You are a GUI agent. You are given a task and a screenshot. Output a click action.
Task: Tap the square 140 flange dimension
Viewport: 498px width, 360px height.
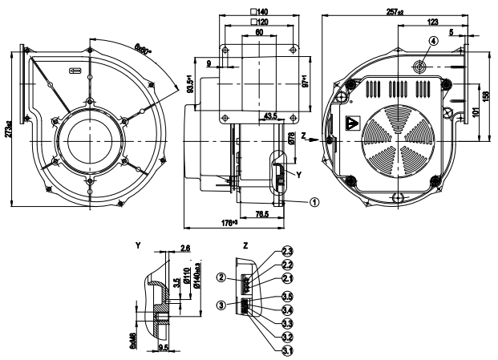click(259, 11)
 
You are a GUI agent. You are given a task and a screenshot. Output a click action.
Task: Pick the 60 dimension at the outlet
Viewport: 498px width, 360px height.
click(259, 34)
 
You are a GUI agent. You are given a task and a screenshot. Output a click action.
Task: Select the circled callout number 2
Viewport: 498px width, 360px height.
click(219, 278)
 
